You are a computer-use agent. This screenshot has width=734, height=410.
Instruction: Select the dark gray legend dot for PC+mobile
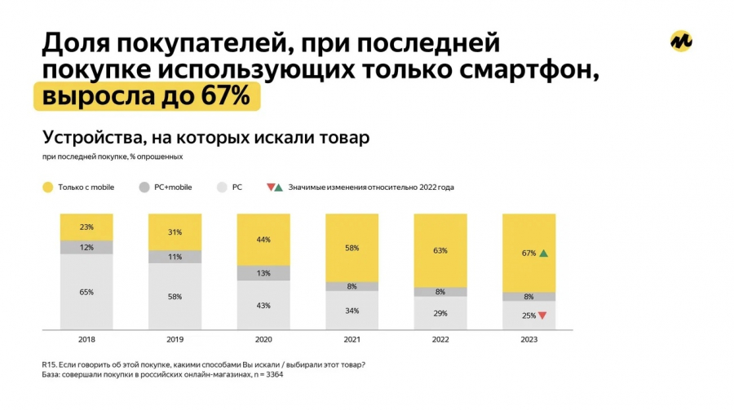[144, 187]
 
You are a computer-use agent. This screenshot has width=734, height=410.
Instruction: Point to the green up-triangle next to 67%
[544, 253]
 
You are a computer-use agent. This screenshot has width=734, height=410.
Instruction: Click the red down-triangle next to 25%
[542, 315]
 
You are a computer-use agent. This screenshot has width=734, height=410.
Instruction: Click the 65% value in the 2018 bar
[86, 292]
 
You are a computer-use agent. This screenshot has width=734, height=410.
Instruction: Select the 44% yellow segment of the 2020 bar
[263, 240]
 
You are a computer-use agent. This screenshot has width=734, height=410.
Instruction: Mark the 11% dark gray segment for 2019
[175, 256]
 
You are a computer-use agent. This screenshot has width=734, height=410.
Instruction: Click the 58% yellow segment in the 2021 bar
[352, 247]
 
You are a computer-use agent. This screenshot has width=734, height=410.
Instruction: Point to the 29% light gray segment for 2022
[440, 314]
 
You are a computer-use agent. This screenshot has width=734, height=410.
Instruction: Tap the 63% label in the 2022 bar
[440, 250]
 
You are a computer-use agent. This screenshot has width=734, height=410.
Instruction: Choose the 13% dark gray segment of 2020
[263, 274]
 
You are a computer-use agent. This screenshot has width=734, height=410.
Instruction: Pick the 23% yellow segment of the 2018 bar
[86, 227]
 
